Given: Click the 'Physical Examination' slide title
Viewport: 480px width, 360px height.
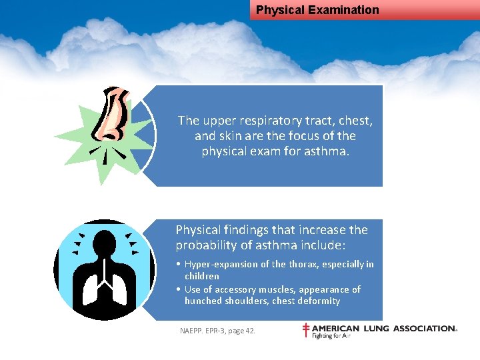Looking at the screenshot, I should pyautogui.click(x=317, y=10).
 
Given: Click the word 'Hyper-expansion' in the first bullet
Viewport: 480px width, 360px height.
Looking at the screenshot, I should pyautogui.click(x=218, y=265).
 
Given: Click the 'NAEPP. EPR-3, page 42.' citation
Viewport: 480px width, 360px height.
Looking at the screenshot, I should pyautogui.click(x=217, y=331).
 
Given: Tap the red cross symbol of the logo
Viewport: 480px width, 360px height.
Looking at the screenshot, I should pyautogui.click(x=306, y=331).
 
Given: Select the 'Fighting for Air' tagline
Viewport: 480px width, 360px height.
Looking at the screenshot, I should pyautogui.click(x=331, y=336).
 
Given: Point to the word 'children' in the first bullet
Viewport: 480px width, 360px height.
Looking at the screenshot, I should pyautogui.click(x=202, y=276).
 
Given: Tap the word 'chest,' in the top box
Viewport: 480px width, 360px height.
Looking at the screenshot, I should pyautogui.click(x=353, y=121).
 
